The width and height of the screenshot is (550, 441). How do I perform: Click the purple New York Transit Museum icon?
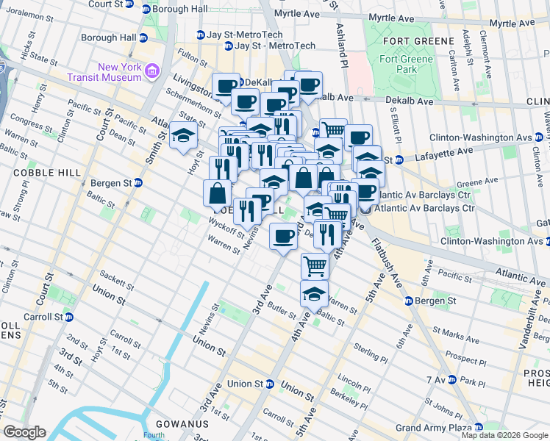(152, 71)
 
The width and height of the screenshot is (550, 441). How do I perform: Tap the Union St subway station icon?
(270, 384)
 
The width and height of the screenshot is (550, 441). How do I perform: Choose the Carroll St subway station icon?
(70, 317)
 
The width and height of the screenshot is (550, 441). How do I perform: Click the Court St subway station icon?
(129, 4)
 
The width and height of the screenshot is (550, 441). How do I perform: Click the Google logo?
(24, 431)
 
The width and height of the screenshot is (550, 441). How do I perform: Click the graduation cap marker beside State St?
(183, 135)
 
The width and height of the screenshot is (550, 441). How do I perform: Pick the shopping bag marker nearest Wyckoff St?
(218, 193)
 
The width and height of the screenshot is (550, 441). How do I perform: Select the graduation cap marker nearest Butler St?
(314, 293)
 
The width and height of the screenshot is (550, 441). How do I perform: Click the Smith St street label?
(152, 146)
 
